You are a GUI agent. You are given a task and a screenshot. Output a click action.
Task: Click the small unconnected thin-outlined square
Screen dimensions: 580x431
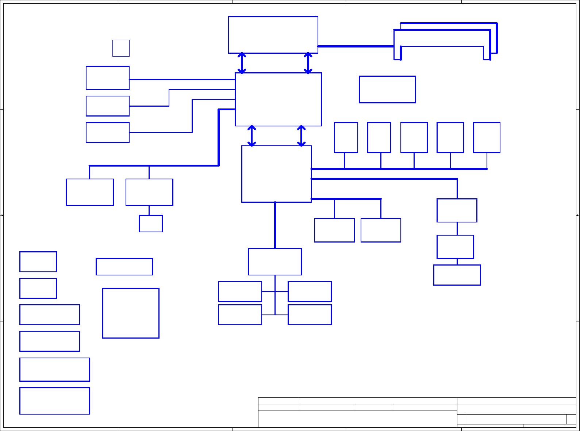click(121, 48)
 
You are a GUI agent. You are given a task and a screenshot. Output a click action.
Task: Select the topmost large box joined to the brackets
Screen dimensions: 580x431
click(273, 35)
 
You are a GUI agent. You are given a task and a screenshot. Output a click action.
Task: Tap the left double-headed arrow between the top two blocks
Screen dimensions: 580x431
click(242, 63)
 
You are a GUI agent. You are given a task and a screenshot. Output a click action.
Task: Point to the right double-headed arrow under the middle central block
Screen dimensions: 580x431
click(301, 136)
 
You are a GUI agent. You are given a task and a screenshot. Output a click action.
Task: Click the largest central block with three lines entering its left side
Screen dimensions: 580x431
click(278, 99)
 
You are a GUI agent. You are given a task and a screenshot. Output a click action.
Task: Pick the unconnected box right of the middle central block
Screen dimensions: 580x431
click(387, 89)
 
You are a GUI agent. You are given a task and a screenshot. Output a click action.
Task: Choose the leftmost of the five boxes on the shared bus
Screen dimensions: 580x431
click(346, 137)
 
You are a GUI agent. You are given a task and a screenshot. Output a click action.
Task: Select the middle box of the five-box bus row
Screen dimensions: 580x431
click(414, 137)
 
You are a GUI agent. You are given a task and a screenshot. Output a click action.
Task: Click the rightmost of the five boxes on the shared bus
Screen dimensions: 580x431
click(487, 137)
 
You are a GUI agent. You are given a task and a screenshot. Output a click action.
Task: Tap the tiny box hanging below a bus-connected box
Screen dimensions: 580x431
click(151, 224)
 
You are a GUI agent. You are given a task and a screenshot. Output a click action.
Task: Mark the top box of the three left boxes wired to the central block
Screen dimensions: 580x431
click(108, 78)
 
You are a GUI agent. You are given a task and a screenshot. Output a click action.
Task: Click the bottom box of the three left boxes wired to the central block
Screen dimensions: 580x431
click(108, 133)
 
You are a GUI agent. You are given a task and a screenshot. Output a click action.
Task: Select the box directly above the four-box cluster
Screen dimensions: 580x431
click(275, 262)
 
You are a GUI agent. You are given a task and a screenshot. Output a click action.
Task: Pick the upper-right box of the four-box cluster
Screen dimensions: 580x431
click(310, 291)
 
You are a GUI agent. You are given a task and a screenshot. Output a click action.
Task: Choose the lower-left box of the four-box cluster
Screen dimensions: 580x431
click(240, 314)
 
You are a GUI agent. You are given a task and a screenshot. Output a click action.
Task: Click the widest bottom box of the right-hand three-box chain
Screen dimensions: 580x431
click(457, 275)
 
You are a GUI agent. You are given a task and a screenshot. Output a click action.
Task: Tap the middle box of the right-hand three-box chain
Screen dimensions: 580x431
click(455, 247)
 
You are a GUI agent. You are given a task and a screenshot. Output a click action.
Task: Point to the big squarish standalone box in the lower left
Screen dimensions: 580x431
click(131, 313)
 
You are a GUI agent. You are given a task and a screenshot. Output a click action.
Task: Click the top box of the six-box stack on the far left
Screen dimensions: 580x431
click(38, 262)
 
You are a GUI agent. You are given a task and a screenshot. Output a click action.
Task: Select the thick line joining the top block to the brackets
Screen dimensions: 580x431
click(356, 46)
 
